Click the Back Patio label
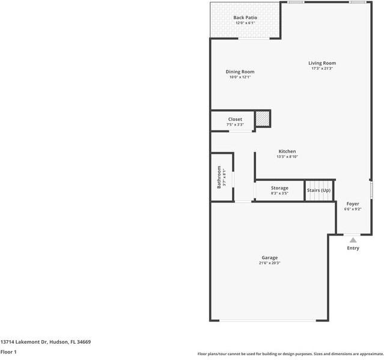pos(245,18)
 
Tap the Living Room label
pos(322,63)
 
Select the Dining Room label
pos(240,72)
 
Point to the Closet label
pos(235,120)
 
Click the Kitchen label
pos(287,151)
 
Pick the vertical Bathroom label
pos(219,177)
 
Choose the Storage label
pos(279,188)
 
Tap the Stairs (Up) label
pos(318,191)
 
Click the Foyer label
pos(353,204)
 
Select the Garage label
pos(269,258)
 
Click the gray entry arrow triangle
pos(353,240)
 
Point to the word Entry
pos(353,248)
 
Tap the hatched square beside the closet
pos(262,118)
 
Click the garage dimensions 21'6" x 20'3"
pos(269,263)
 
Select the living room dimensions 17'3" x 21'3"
pos(322,69)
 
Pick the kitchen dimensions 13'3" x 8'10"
pos(287,157)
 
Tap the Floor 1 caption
pos(8,352)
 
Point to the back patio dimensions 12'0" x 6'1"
pos(245,23)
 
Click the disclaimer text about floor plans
pos(290,354)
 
